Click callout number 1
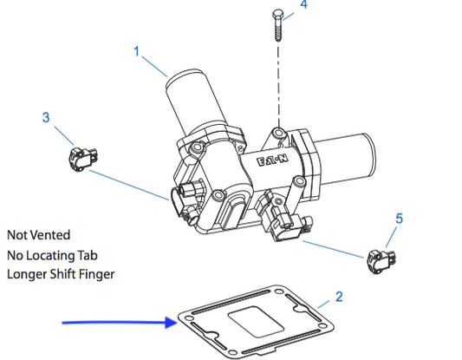click(136, 51)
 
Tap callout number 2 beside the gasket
click(339, 297)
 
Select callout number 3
click(46, 117)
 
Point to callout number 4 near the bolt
click(303, 4)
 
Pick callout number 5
click(399, 219)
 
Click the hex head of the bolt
click(278, 14)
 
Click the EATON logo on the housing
click(272, 160)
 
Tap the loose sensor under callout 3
click(83, 159)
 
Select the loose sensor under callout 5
click(381, 261)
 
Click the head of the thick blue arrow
click(172, 323)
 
